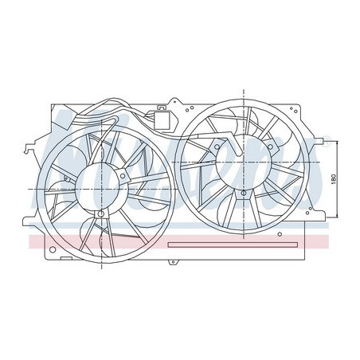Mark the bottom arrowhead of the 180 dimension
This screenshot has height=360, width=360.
click(337, 215)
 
